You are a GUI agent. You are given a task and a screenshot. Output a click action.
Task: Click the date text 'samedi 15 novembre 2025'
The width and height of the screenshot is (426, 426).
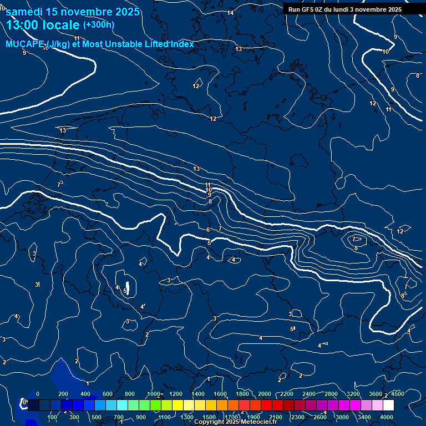pos(66,12)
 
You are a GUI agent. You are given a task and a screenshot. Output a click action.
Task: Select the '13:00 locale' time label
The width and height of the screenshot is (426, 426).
pos(43,26)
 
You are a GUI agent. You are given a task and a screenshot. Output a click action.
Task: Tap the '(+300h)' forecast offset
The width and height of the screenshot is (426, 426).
pos(99,24)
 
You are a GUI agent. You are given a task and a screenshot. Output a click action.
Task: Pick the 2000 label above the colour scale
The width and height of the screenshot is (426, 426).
pos(265,393)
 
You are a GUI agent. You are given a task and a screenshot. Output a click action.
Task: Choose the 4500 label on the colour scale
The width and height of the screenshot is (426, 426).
pos(398,393)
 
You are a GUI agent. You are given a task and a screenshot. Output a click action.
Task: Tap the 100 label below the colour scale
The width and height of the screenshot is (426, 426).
pos(52,417)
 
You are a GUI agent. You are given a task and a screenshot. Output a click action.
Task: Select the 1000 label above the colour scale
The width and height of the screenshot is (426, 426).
pos(154,393)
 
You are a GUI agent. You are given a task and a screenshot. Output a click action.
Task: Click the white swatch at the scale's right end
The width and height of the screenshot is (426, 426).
pos(388,405)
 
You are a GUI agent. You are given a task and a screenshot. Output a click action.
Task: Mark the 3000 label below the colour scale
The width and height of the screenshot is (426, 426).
pos(342,417)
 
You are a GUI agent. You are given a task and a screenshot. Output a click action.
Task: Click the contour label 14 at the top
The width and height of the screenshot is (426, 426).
pos(230,13)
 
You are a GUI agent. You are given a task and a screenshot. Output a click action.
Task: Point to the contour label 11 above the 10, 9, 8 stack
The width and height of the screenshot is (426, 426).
pos(208,185)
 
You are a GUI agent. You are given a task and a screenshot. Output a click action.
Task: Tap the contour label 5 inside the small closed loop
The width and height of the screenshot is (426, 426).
pos(125,291)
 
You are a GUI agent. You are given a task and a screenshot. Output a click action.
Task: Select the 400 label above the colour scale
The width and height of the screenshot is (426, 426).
pos(85,393)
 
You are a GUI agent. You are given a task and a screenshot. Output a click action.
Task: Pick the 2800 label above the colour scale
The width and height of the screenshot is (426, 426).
pos(331,393)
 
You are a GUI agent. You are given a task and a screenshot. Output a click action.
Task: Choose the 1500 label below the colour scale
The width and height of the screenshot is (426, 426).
pos(209,417)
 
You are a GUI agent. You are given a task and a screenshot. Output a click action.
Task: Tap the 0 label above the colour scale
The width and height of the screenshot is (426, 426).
pos(37,393)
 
